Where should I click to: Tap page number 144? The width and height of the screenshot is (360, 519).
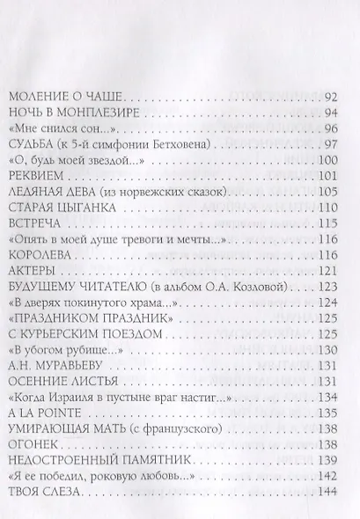pyautogui.click(x=328, y=493)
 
